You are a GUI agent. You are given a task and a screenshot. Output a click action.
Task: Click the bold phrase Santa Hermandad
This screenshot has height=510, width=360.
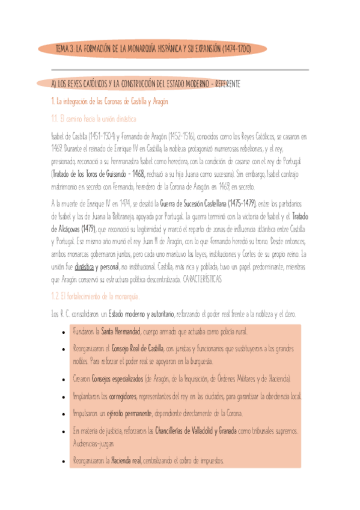coord(121,331)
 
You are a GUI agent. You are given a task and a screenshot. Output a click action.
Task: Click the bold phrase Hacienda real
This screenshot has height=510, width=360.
coord(126,461)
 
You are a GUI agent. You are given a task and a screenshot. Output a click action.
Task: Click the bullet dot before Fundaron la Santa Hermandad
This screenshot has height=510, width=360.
coord(64,332)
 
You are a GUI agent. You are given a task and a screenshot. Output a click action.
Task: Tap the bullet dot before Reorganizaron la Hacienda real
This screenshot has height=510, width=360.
coord(64,461)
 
